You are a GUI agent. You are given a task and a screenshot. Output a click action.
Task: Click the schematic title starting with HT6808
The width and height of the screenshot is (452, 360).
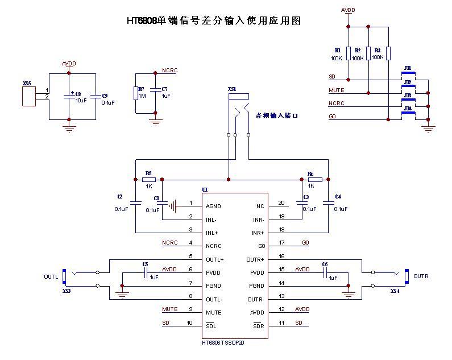pos(214,21)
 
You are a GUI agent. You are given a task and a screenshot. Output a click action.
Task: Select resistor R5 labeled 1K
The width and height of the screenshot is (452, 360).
pos(149,179)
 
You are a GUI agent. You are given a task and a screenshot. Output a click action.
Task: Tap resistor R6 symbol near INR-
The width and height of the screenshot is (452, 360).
pos(315,179)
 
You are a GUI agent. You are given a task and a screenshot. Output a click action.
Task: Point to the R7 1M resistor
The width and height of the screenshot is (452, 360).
pos(135,93)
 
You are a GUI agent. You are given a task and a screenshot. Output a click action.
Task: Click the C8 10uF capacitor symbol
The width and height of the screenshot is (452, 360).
pos(69,97)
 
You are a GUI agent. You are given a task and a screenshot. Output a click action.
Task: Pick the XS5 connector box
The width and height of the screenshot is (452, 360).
pos(28,96)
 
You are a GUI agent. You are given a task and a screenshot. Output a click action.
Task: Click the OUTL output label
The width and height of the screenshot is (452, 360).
pos(51,277)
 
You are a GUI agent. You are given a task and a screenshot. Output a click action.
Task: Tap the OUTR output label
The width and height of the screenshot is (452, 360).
pos(421,276)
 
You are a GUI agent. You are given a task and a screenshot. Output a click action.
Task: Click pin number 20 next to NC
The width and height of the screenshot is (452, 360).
pos(281,203)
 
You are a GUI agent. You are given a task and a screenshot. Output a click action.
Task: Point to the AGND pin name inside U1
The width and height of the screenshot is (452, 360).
pos(214,206)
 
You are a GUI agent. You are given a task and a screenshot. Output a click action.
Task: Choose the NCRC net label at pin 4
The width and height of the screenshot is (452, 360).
pos(170,243)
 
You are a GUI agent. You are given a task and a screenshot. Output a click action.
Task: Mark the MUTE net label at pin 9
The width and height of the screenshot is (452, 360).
pos(170,309)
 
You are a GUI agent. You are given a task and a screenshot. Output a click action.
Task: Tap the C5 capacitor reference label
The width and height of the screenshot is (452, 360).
pos(145,264)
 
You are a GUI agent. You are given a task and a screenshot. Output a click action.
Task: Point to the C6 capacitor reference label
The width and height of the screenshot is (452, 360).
pos(325,264)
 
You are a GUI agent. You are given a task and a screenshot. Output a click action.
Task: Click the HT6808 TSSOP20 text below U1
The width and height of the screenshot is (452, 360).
pos(227,343)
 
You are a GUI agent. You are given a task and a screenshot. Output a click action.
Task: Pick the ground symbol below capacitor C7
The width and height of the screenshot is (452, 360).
pos(155,121)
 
